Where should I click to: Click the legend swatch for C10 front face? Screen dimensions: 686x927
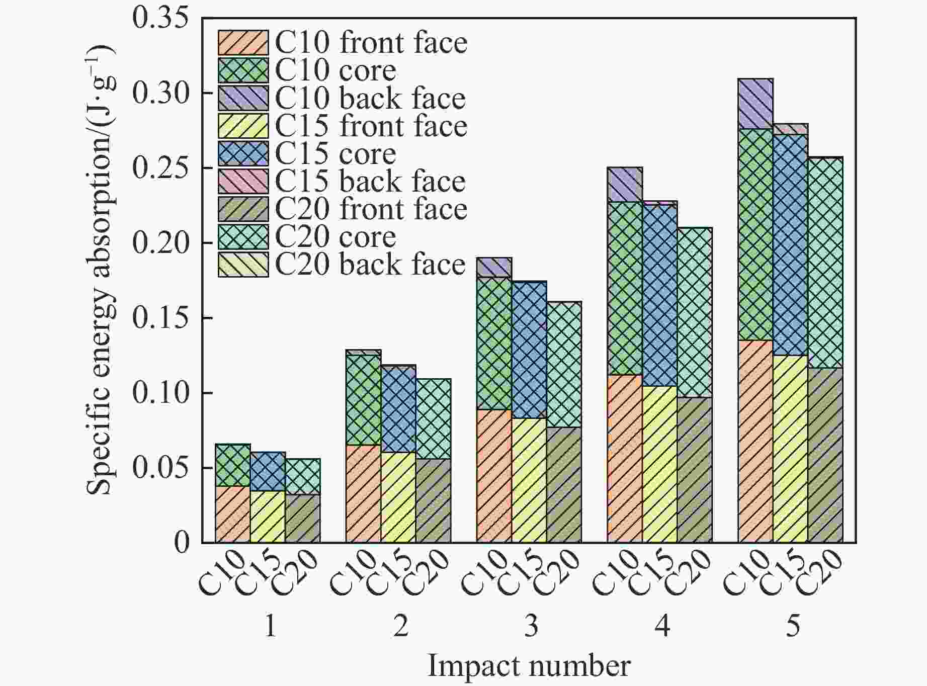[x=243, y=42]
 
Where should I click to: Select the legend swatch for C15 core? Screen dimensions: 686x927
[x=243, y=154]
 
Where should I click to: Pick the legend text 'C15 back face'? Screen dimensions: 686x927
[x=370, y=182]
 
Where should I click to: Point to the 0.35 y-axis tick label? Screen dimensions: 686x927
[x=160, y=18]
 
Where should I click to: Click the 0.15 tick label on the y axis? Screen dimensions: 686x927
[x=160, y=318]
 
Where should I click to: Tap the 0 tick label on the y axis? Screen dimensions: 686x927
[x=182, y=543]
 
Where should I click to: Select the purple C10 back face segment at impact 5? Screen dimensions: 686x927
[x=755, y=104]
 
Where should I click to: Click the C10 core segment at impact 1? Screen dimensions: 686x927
[x=233, y=465]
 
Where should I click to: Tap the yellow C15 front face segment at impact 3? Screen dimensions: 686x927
[x=529, y=480]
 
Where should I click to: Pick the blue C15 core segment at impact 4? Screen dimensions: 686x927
[x=660, y=296]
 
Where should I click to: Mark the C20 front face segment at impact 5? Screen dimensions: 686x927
[x=825, y=455]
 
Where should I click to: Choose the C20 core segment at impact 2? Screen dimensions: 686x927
[x=434, y=419]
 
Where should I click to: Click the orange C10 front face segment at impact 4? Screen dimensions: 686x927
[x=625, y=459]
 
